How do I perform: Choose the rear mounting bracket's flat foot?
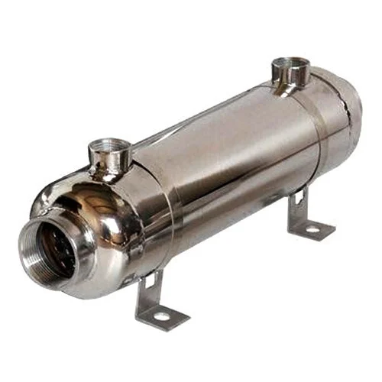[x=312, y=226]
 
